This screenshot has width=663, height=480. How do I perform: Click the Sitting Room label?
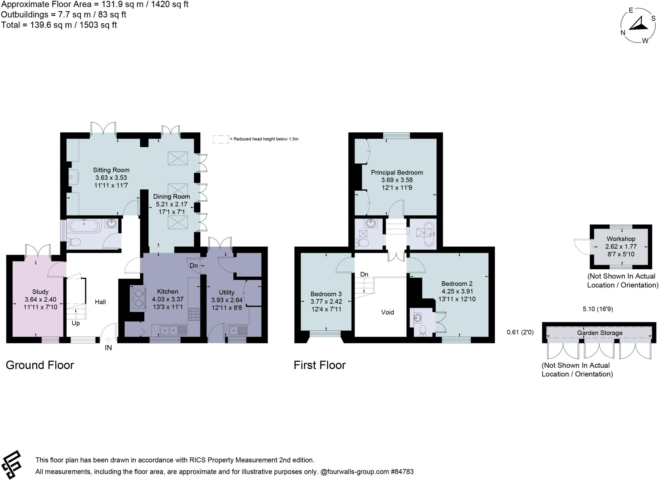pyautogui.click(x=111, y=170)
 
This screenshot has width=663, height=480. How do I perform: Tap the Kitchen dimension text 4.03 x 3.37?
pyautogui.click(x=168, y=299)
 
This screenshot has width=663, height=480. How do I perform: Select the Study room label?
pyautogui.click(x=40, y=292)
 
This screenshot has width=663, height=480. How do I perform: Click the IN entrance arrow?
pyautogui.click(x=108, y=340)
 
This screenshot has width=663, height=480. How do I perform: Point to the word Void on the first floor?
pyautogui.click(x=387, y=312)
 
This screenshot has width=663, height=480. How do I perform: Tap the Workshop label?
pyautogui.click(x=621, y=239)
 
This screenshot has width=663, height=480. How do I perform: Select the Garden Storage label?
pyautogui.click(x=600, y=333)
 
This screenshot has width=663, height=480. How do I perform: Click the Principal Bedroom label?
pyautogui.click(x=397, y=173)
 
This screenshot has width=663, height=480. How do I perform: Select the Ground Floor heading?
pyautogui.click(x=40, y=365)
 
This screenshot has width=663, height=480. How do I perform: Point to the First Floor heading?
pyautogui.click(x=320, y=365)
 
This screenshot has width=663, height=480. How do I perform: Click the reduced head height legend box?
pyautogui.click(x=220, y=139)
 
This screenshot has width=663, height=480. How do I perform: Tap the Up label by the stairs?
pyautogui.click(x=76, y=323)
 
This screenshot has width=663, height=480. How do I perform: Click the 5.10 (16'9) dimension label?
pyautogui.click(x=598, y=309)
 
